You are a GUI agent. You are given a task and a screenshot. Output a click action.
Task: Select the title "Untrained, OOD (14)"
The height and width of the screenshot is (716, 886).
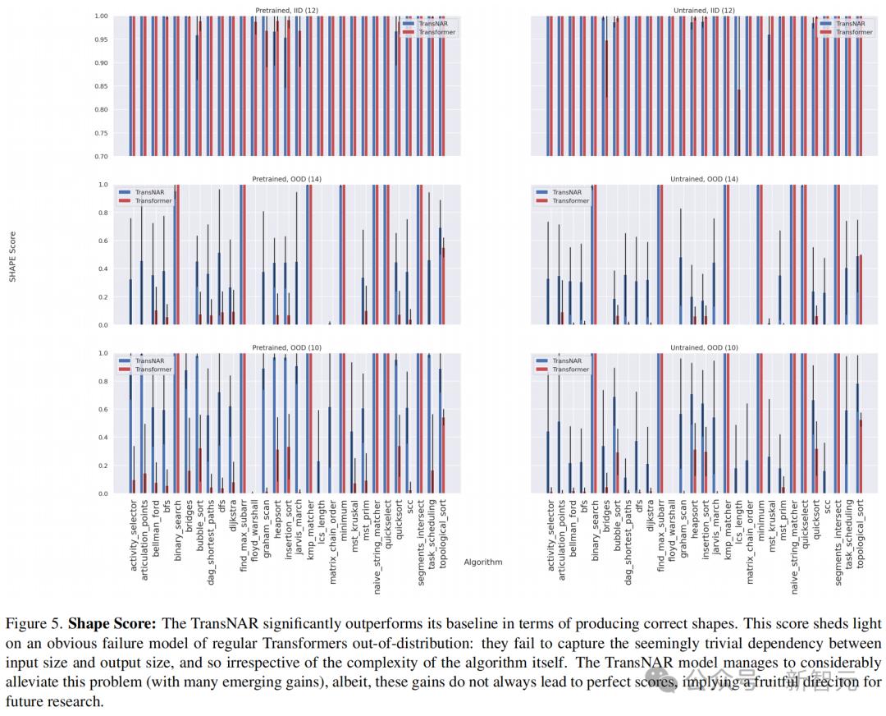[x=704, y=179]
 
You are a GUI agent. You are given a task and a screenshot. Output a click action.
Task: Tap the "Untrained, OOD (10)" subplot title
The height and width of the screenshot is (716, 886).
[x=704, y=348]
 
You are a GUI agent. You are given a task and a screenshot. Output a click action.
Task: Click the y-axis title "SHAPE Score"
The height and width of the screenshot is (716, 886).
[x=12, y=256]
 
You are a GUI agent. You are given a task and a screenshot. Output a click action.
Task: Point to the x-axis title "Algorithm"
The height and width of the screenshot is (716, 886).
[x=483, y=562]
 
